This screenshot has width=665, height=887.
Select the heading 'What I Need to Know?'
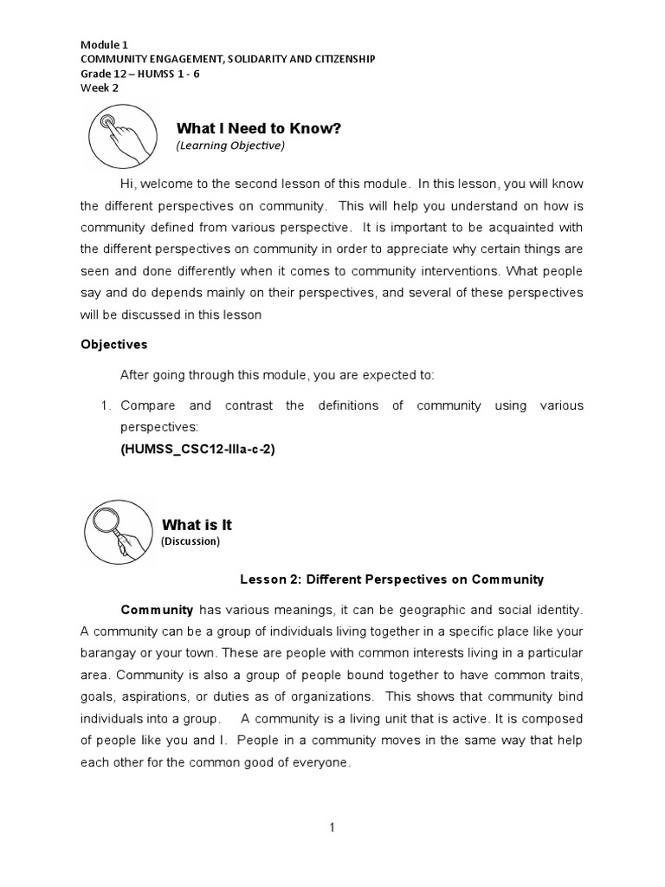pos(259,129)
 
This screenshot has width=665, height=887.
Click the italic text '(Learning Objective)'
pos(229,146)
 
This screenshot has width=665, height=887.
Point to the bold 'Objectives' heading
pos(114,344)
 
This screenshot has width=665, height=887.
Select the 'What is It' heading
pos(197,525)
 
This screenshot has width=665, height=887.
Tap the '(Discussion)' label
pos(190,541)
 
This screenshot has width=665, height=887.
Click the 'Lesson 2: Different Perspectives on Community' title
pos(391,579)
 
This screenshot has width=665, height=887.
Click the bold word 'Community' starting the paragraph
pos(157,609)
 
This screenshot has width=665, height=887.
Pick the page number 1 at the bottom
pos(332,827)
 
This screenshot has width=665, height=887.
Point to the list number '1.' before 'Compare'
pos(104,405)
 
